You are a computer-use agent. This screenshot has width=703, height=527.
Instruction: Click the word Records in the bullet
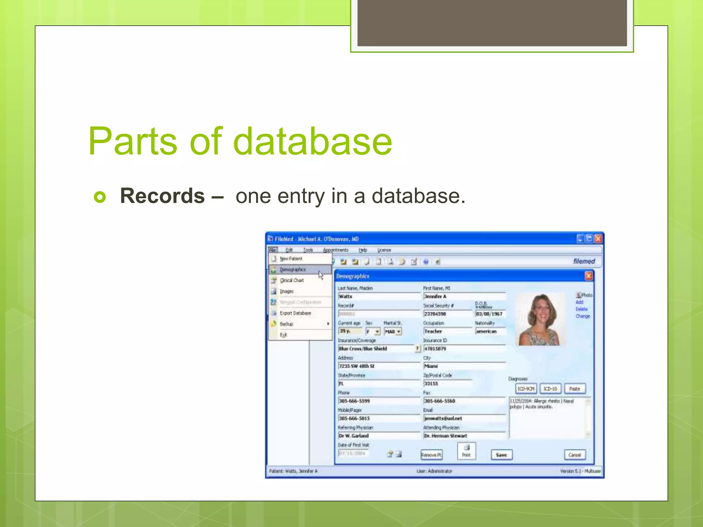tap(162, 196)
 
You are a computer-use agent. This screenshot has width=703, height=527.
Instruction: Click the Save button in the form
tap(501, 455)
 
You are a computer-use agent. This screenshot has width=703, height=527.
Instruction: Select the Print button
tap(466, 451)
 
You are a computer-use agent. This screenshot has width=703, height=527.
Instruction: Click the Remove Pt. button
tap(431, 455)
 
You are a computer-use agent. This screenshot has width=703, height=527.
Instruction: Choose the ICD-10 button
tap(550, 389)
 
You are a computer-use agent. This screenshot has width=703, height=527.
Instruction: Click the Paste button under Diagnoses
tap(575, 389)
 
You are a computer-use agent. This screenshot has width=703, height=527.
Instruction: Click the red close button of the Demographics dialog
tap(589, 276)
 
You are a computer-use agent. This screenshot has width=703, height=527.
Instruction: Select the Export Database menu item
tap(295, 313)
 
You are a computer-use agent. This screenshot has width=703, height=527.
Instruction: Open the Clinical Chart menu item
tap(292, 280)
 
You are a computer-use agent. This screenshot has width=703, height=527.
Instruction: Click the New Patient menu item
tap(291, 259)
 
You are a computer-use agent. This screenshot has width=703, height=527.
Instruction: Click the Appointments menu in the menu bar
tap(335, 250)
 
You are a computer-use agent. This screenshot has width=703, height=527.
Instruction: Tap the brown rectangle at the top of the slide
tap(492, 23)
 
